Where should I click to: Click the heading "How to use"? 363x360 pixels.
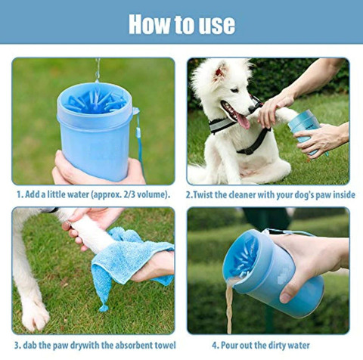point(181,23)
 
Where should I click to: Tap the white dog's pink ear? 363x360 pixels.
point(220,73)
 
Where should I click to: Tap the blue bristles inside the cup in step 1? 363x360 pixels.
point(95,99)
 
